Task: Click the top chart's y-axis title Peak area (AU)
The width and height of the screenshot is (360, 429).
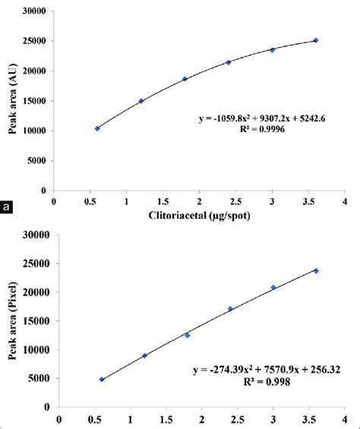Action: click(x=12, y=101)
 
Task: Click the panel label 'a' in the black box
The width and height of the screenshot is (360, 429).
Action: click(x=8, y=206)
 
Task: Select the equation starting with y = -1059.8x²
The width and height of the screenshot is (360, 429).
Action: click(x=263, y=118)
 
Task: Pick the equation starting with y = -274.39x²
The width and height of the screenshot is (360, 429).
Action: click(x=263, y=372)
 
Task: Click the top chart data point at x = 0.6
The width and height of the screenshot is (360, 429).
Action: click(x=97, y=128)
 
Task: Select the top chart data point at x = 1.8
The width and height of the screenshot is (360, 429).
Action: click(x=185, y=79)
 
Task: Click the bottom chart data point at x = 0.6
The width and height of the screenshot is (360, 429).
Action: click(x=102, y=379)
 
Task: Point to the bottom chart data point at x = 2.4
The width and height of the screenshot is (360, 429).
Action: click(x=230, y=309)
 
